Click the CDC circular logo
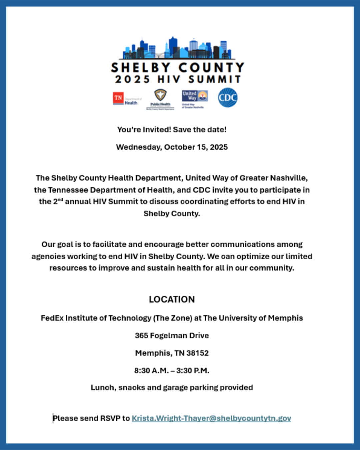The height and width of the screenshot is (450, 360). pos(228,97)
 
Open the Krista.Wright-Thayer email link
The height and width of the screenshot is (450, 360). pos(211,418)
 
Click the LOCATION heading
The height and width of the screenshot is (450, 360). pos(172,299)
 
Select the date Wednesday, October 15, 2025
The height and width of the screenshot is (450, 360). pos(172,147)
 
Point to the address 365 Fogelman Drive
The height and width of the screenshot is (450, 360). pos(172,335)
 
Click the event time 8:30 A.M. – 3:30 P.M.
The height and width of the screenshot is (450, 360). pos(172,371)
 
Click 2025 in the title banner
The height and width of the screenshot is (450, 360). pos(132,79)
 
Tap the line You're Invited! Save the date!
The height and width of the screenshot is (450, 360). pos(172,130)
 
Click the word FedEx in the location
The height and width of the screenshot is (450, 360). pos(52,318)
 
